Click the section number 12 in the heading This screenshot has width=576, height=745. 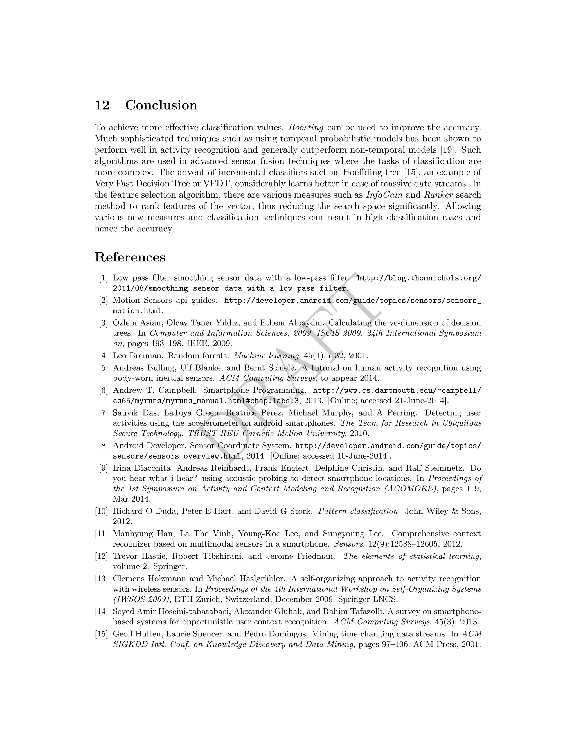(x=102, y=105)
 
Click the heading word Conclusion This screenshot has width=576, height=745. (x=161, y=105)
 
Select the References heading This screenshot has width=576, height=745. (x=130, y=257)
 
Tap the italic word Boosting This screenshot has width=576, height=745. (x=306, y=128)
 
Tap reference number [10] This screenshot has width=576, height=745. (x=101, y=511)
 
